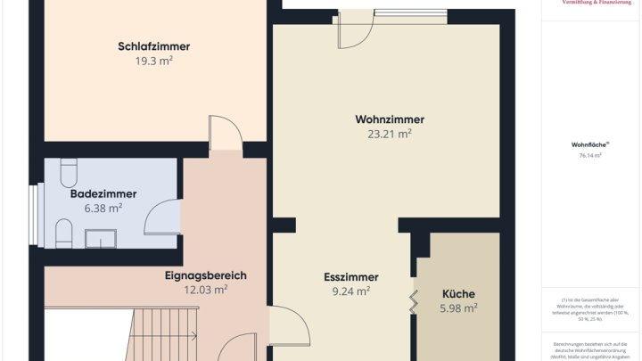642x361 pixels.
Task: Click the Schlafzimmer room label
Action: [x=153, y=47]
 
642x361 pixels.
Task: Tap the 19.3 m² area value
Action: [x=153, y=62]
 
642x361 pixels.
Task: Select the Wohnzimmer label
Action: [x=390, y=119]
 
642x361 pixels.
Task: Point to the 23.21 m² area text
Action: [x=390, y=135]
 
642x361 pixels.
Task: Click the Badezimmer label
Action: [x=103, y=193]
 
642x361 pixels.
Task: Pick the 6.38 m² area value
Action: [x=103, y=208]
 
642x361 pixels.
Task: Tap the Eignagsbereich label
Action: [x=205, y=275]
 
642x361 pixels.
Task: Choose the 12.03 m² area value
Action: [x=205, y=290]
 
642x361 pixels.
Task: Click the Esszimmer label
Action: [x=351, y=277]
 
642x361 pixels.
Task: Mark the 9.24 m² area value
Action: [x=351, y=291]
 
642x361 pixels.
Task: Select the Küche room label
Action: [x=458, y=294]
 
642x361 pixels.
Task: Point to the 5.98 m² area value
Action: [x=458, y=308]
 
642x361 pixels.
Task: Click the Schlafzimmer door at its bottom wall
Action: [x=225, y=134]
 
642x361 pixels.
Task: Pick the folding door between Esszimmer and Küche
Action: [x=414, y=300]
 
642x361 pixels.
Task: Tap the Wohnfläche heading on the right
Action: [x=589, y=144]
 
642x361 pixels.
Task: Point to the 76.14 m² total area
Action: [x=589, y=155]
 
